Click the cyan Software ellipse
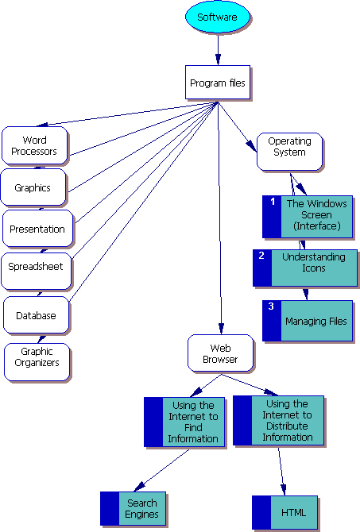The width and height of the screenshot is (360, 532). pos(218,17)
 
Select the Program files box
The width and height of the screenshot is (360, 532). pos(218,83)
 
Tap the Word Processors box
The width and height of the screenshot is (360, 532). pos(35,145)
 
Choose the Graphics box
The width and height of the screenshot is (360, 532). pos(33,187)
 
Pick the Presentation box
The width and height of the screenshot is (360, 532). pos(37,229)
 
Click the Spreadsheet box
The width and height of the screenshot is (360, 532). pos(37,271)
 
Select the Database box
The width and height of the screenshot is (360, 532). pos(37,315)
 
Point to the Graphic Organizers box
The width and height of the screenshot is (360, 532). pos(37,362)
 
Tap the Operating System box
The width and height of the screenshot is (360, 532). pos(289,152)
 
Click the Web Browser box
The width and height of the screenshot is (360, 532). pos(221,353)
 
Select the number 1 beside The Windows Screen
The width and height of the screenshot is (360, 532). pos(273,202)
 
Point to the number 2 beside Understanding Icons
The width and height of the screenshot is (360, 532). pos(261,256)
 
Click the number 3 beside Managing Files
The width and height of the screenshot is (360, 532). pos(271,306)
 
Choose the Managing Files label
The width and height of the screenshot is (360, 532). pos(315,322)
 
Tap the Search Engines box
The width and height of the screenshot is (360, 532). pos(134,508)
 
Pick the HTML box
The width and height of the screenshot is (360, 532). pos(285,513)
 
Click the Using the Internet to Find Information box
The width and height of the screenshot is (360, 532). pos(184,422)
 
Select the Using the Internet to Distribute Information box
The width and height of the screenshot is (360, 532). pos(278,420)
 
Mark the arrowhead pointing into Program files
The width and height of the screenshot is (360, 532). pos(218,60)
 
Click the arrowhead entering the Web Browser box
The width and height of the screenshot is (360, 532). pos(221,329)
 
